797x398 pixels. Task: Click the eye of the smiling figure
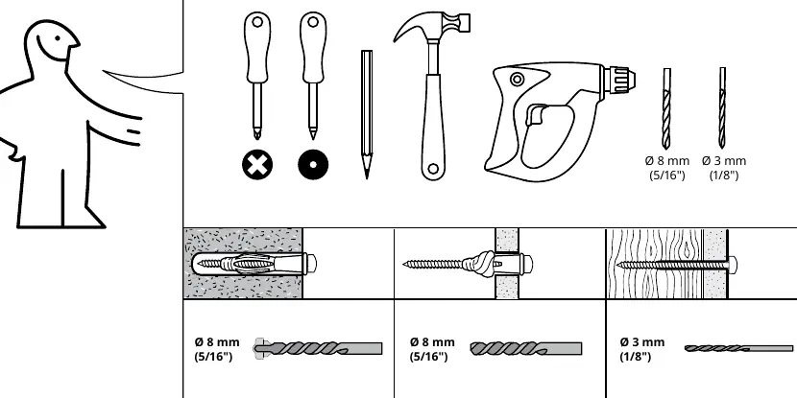pos(58,37)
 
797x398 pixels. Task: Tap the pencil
pos(367,114)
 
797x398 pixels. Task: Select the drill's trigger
pos(533,114)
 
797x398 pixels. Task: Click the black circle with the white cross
pos(257,165)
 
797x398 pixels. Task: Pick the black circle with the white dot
pos(313,165)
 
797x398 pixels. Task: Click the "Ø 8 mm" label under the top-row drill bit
pos(666,161)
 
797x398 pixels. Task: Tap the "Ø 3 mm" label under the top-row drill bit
pos(724,161)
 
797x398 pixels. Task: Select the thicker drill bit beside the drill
pos(666,108)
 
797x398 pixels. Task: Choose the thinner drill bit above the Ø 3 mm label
pos(722,108)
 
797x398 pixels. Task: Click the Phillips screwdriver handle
pos(257,47)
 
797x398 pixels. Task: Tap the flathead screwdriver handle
pos(313,47)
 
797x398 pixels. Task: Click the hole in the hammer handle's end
pos(432,169)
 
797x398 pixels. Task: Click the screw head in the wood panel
pos(733,265)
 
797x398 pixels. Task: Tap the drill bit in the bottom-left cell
pos(318,348)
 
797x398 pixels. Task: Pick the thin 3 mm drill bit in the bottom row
pos(738,348)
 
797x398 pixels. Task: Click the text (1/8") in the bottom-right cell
pos(635,357)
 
